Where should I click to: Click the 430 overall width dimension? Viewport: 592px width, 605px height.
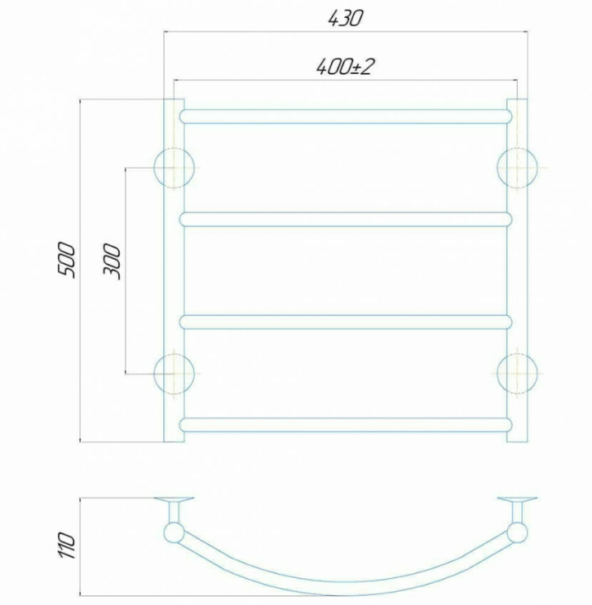(346, 18)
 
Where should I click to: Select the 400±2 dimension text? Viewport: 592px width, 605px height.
(345, 67)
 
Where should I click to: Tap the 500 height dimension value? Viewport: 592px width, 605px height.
(67, 260)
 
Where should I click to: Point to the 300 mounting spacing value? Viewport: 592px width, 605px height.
(112, 261)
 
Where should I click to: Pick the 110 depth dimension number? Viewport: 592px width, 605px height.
(67, 545)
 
